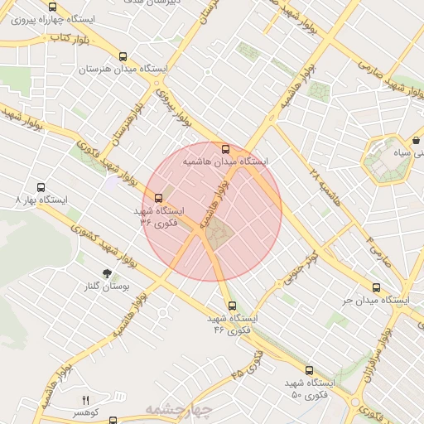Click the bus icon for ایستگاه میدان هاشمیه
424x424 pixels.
226,149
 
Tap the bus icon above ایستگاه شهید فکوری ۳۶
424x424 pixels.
158,198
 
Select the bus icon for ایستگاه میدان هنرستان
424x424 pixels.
123,57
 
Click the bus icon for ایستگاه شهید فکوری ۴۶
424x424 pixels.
232,305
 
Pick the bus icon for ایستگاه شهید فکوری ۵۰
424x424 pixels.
309,370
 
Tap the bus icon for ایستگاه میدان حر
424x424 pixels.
375,287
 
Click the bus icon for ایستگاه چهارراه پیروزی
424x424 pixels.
53,7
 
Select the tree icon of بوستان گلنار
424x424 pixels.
106,272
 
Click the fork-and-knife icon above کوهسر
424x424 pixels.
84,400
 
